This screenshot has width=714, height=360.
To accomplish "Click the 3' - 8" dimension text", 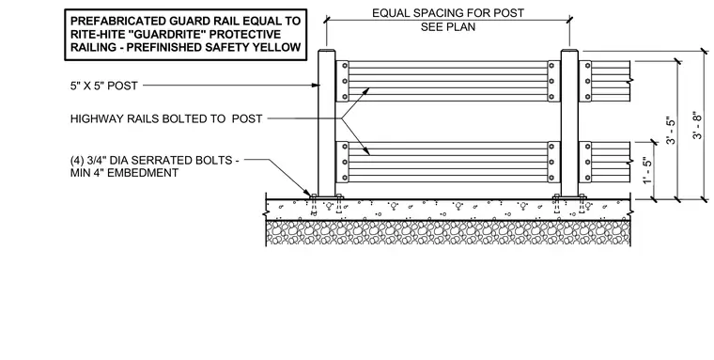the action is (698, 125).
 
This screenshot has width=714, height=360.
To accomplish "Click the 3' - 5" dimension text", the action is (671, 131).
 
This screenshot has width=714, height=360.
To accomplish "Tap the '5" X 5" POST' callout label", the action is (104, 86).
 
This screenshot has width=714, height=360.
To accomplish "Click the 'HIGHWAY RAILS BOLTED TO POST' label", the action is (166, 119).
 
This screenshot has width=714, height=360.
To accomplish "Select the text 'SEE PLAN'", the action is (448, 27).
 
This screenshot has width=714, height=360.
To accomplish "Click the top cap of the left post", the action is (326, 50).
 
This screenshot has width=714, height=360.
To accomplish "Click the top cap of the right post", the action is (569, 50).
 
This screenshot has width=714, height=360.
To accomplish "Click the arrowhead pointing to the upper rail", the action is (365, 91).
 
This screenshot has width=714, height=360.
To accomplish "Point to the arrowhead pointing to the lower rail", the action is (366, 151).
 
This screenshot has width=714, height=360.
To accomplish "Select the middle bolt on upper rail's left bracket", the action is (345, 81).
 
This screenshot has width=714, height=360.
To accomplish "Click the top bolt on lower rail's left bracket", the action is (345, 147).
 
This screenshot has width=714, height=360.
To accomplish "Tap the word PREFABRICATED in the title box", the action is (116, 21).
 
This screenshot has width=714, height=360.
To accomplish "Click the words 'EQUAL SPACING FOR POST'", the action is (448, 13).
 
